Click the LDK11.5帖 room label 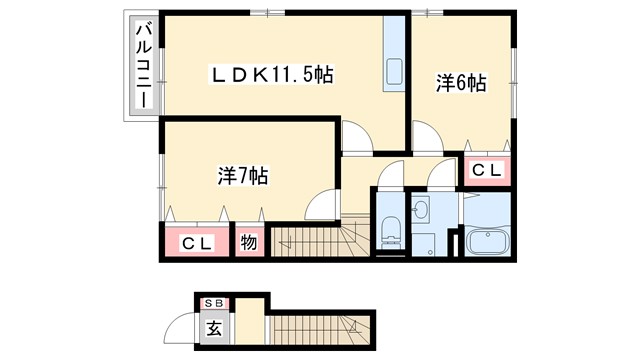click(x=271, y=74)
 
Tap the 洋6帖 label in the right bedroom click(x=461, y=84)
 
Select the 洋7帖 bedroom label click(x=242, y=176)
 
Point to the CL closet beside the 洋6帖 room click(x=486, y=171)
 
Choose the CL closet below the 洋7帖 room click(x=196, y=243)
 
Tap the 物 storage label click(x=249, y=243)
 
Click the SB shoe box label click(x=213, y=303)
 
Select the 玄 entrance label click(x=213, y=327)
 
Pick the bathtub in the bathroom click(x=486, y=243)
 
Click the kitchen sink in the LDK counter click(x=393, y=73)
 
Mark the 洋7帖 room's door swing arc click(x=321, y=204)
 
